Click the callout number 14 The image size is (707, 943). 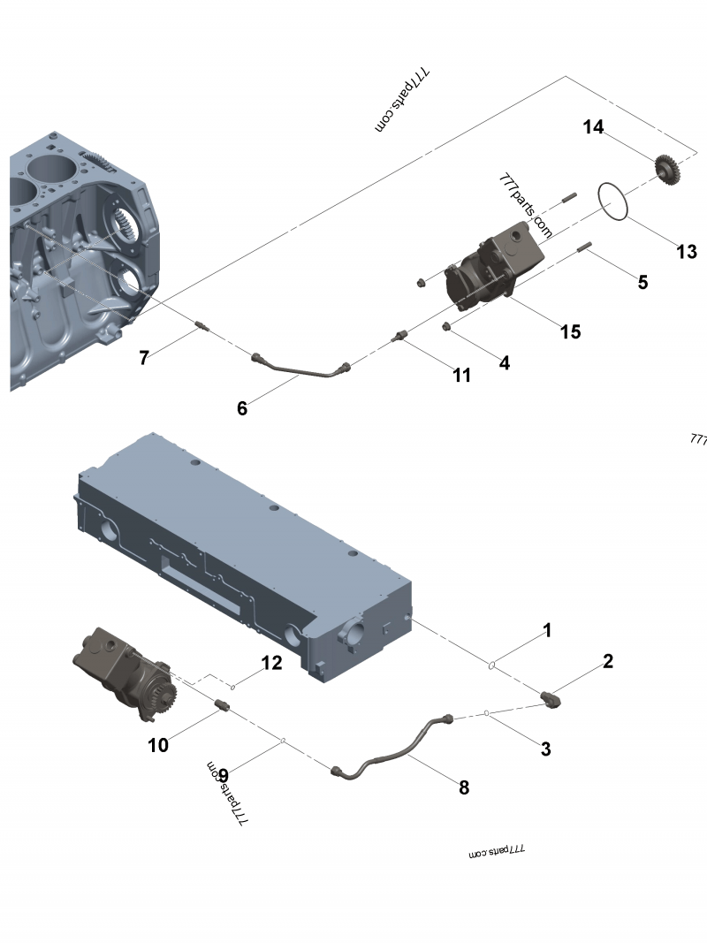(x=593, y=127)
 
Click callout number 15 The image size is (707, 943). (x=570, y=331)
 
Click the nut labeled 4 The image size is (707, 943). (x=448, y=329)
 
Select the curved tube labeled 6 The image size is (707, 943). (x=300, y=370)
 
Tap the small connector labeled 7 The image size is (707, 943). (x=201, y=328)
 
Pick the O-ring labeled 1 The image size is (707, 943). (x=490, y=665)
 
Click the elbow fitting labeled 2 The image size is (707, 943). (x=554, y=699)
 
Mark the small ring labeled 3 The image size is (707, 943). (x=487, y=712)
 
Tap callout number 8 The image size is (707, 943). (x=464, y=787)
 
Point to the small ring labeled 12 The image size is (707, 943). (x=232, y=686)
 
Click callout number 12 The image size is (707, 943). (x=271, y=662)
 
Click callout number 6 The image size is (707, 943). (x=242, y=407)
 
